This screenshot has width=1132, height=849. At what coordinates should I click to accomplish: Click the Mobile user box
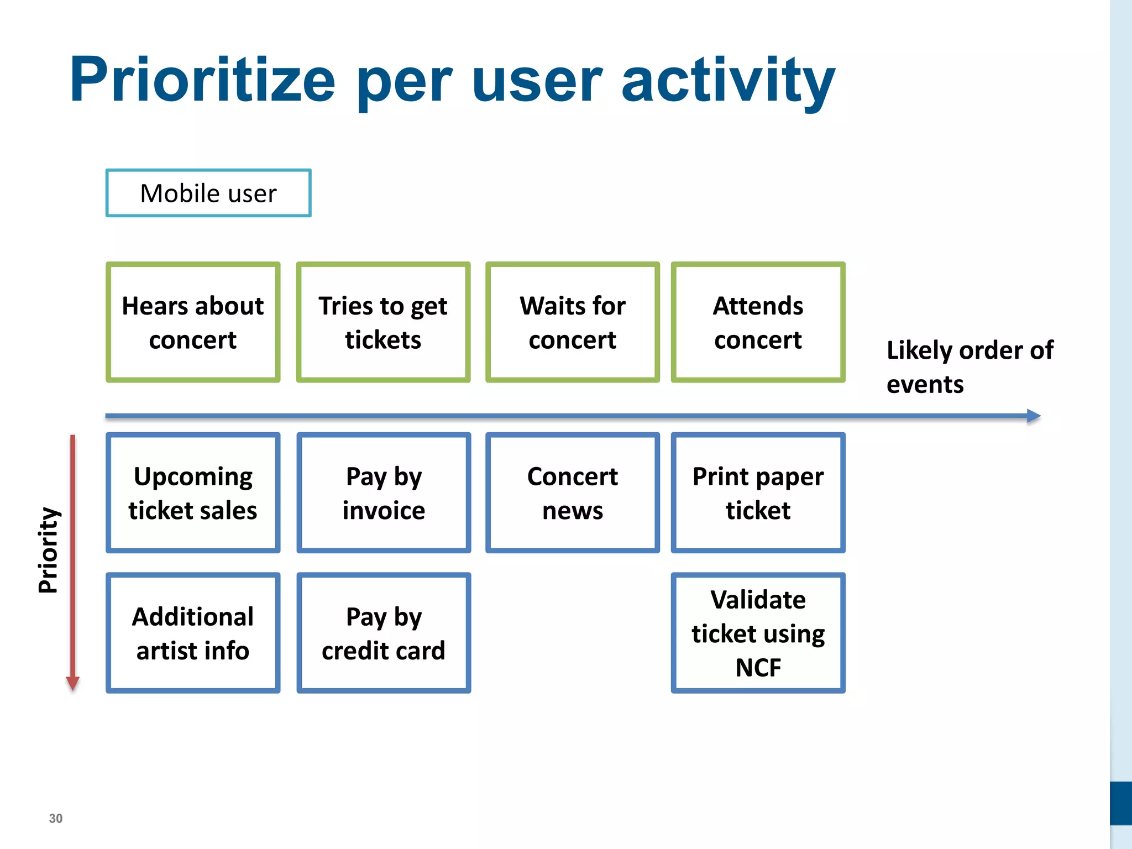[208, 193]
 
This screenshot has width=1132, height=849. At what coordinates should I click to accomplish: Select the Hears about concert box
[193, 322]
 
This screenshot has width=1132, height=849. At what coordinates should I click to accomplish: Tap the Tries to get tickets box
[383, 322]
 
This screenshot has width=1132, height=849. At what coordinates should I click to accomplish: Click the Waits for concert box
[573, 322]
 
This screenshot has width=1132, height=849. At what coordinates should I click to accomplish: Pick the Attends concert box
[758, 322]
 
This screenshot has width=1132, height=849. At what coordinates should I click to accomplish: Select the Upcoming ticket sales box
[193, 492]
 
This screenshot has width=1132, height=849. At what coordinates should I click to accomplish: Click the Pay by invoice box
[384, 492]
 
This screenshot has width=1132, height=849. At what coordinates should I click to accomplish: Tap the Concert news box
[573, 492]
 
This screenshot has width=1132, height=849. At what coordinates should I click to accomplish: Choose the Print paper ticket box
[758, 492]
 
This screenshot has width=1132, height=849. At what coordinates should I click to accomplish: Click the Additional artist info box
[193, 633]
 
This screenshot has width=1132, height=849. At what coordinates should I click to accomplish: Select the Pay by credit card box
[384, 633]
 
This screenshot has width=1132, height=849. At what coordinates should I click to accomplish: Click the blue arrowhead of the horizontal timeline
[1033, 416]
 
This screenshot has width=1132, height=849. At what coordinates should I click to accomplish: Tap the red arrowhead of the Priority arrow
[73, 683]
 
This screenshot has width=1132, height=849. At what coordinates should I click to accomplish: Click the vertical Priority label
[49, 550]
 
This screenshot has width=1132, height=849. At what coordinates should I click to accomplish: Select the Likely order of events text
[969, 367]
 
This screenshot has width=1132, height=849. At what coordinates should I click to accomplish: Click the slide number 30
[56, 819]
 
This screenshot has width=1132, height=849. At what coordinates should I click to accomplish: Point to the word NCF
[758, 668]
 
